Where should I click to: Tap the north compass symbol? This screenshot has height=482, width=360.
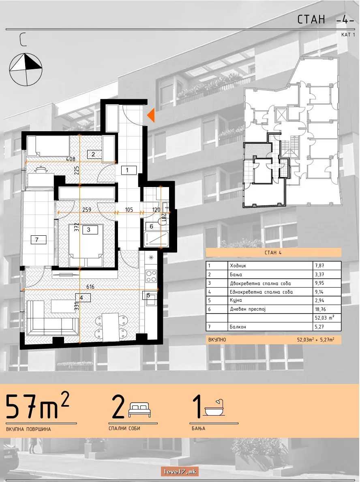click(26, 70)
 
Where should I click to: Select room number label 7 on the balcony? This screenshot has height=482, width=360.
click(39, 239)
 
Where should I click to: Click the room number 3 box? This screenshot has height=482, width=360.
click(90, 229)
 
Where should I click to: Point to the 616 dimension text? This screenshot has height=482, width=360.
click(90, 287)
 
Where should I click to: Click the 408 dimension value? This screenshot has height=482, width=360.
click(71, 159)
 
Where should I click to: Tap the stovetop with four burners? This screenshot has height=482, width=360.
click(151, 276)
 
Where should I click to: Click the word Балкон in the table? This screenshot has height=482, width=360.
click(238, 327)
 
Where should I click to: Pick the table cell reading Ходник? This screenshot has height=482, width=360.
click(238, 266)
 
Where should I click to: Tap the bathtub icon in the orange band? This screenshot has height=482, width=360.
click(214, 407)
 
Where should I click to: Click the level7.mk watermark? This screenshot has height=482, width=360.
click(179, 471)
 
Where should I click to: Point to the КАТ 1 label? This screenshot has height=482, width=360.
click(348, 35)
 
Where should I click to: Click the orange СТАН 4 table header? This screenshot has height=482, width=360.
click(273, 253)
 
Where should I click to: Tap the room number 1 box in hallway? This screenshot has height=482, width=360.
click(127, 170)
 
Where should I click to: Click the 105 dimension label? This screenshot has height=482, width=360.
click(129, 210)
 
